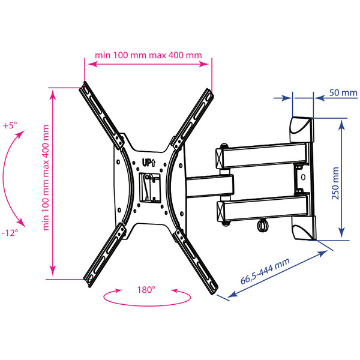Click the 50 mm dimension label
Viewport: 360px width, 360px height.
(x=343, y=93)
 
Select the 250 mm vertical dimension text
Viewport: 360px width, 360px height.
(x=335, y=184)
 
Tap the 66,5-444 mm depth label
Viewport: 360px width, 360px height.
(x=265, y=271)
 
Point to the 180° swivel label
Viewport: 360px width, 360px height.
(x=146, y=290)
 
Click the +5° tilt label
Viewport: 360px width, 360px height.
(x=10, y=125)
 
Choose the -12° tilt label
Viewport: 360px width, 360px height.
(x=10, y=233)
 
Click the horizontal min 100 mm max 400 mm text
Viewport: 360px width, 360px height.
(x=148, y=55)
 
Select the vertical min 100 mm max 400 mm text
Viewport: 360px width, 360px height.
(x=46, y=178)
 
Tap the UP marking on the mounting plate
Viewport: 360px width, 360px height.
(x=149, y=163)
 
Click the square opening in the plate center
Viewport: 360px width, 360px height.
(x=149, y=188)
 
